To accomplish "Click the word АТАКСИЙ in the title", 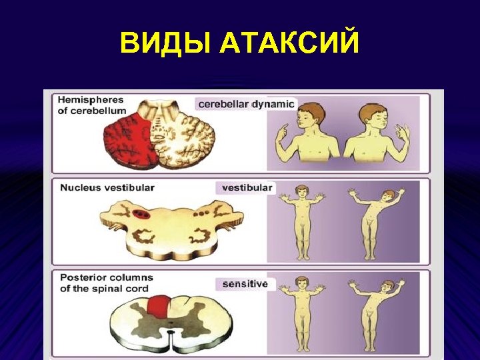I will tap(289, 44).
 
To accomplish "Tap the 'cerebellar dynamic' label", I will tap(246, 105).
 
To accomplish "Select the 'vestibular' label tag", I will tap(247, 188).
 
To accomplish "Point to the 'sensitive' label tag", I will tap(245, 284).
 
